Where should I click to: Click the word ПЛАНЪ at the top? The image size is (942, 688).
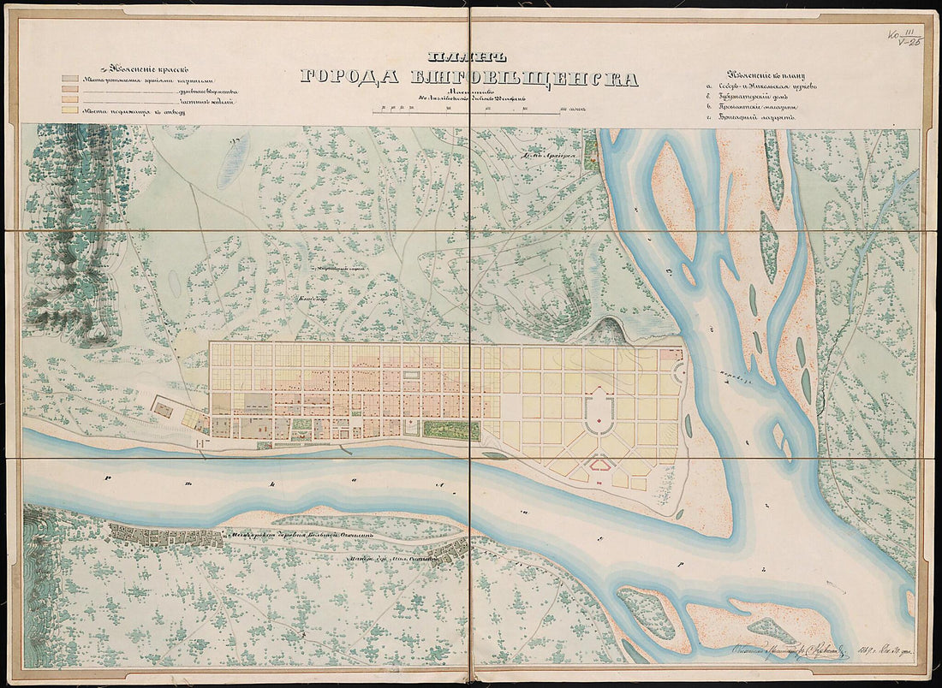tap(470, 57)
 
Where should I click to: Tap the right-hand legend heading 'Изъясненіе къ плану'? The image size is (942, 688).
tap(765, 74)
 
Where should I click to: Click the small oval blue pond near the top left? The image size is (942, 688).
tap(233, 160)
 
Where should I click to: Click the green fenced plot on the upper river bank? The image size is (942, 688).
tap(591, 152)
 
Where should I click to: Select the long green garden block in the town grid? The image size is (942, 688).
tap(451, 430)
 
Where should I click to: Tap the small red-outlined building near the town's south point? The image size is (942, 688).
tap(599, 465)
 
